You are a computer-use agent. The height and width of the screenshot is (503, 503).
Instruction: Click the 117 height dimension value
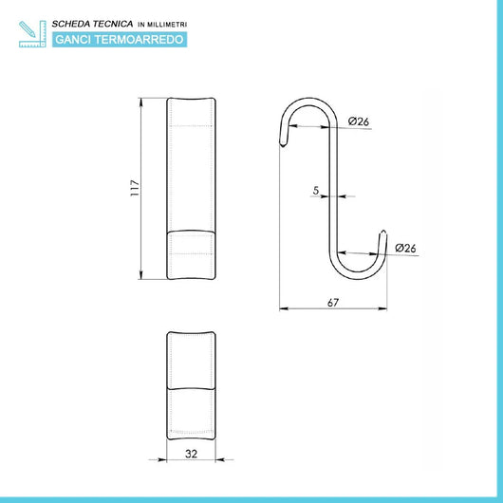(x=135, y=188)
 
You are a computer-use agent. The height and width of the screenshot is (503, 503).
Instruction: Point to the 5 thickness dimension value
(x=315, y=190)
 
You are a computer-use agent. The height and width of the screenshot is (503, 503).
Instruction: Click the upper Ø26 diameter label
(x=358, y=121)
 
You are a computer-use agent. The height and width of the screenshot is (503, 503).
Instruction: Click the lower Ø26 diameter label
(x=405, y=248)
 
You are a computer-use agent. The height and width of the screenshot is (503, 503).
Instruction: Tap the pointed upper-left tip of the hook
(x=281, y=143)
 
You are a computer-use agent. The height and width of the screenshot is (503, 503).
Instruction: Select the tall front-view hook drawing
(x=190, y=188)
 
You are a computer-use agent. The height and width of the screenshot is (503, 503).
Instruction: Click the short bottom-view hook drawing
(x=190, y=383)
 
